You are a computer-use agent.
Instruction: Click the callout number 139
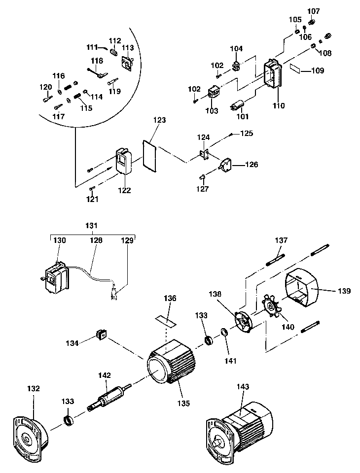tap(344, 291)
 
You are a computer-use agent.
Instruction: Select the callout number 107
tap(314, 11)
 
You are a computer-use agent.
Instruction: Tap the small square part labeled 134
tap(102, 335)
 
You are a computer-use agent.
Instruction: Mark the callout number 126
tap(252, 165)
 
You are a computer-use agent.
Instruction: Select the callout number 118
tap(97, 61)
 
